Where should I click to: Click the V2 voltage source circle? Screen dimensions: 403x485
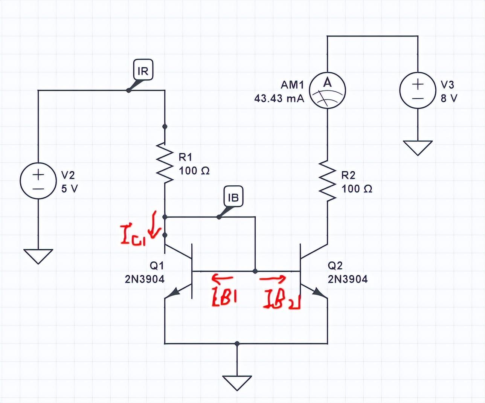[x=38, y=181]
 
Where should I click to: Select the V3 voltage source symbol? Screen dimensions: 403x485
[x=417, y=91]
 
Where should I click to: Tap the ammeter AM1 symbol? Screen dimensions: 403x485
[x=327, y=90]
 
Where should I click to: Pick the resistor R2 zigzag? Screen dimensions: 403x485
[x=327, y=180]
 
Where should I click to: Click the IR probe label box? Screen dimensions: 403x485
[x=143, y=70]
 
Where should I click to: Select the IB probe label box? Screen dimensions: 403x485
[x=233, y=197]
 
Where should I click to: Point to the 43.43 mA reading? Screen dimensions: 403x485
[x=279, y=99]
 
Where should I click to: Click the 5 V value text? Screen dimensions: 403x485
[x=70, y=189]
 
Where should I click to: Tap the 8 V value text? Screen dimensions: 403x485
[x=449, y=99]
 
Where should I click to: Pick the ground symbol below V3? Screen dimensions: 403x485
[x=418, y=147]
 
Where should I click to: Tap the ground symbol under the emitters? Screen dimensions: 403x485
[x=237, y=383]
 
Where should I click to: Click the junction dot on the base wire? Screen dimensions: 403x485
[x=255, y=271]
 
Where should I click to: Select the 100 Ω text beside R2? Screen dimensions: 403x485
[x=357, y=189]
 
